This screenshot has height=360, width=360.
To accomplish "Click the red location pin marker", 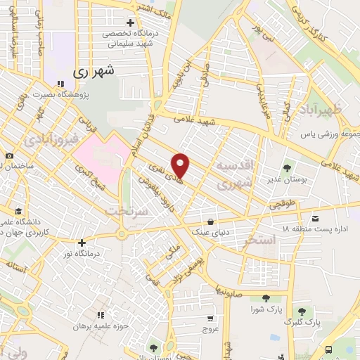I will point(181,165).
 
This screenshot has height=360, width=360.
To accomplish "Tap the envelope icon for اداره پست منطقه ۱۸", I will point(315,217).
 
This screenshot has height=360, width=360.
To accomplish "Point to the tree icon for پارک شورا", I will point(265,299).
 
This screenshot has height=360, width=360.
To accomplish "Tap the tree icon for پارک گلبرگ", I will point(302,311).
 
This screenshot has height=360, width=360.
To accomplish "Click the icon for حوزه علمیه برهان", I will point(100,314).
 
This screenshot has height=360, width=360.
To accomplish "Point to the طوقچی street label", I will point(279,206).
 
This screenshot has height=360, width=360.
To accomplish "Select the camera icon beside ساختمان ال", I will point(8,155).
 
